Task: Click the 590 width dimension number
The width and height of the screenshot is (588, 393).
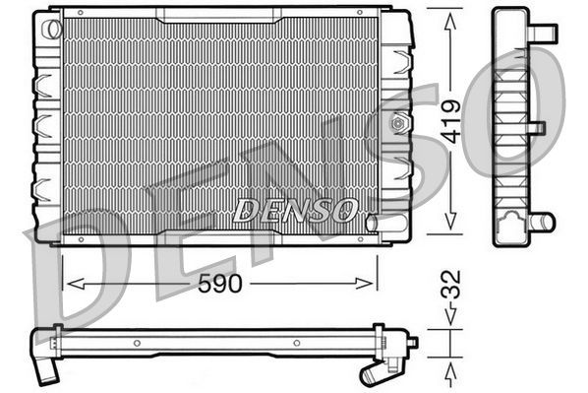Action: [x=218, y=284]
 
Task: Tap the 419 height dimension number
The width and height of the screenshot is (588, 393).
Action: [x=449, y=121]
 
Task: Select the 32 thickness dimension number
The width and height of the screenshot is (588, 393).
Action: [x=449, y=290]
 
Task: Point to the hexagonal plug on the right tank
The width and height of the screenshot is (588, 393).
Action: [x=398, y=124]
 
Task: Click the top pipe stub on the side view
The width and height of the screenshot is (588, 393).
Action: [x=546, y=34]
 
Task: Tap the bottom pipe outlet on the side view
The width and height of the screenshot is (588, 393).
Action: [x=541, y=221]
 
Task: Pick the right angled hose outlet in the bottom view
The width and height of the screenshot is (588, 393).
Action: [x=373, y=372]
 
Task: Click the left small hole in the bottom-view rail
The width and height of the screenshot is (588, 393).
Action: [x=138, y=344]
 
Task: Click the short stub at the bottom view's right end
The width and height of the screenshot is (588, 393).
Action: [x=413, y=343]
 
